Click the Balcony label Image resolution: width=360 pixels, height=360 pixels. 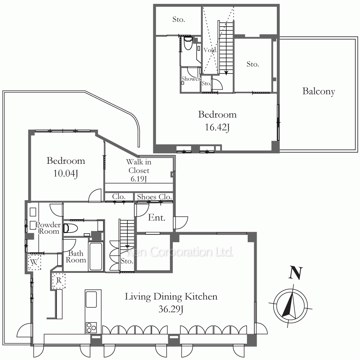tap(319, 91)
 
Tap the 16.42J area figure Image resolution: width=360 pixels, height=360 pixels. tap(217, 127)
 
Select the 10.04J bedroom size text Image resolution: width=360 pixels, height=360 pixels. tap(66, 174)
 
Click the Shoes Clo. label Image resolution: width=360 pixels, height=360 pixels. tap(154, 197)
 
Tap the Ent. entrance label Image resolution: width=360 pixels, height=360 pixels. tap(157, 217)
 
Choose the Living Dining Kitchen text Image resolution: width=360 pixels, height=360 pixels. tap(171, 296)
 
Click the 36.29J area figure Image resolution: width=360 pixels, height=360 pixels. tap(171, 309)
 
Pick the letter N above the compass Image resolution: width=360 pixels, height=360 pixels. tap(296, 273)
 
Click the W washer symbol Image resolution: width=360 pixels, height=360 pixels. tap(34, 262)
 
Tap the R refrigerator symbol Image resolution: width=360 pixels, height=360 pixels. tap(59, 280)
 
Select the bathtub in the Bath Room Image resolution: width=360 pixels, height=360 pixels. tap(96, 256)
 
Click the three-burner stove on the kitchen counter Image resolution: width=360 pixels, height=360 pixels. tap(91, 327)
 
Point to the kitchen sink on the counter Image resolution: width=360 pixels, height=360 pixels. tap(91, 299)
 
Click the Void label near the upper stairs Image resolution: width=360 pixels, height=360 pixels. tap(210, 50)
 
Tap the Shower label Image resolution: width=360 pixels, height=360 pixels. tap(191, 79)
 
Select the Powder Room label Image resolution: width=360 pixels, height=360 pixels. tap(49, 228)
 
